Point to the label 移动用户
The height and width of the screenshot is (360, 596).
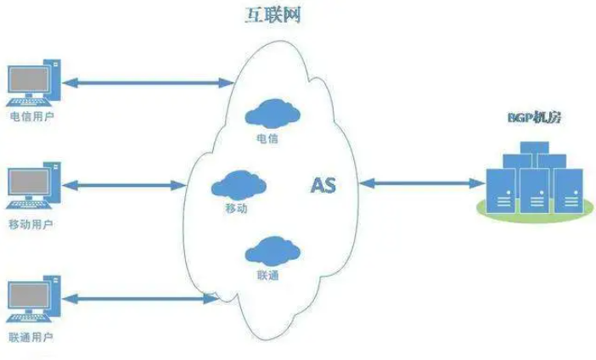31,224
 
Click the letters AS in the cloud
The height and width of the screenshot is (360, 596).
323,185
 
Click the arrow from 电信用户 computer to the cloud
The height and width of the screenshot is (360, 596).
148,82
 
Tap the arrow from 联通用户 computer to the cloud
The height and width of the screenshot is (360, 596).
139,297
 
